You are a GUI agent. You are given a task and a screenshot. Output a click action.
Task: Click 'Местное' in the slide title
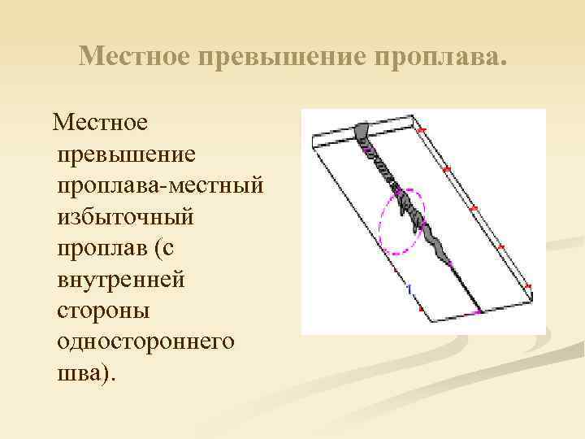[x=133, y=56]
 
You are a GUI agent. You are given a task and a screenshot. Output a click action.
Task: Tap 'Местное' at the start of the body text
[x=100, y=124]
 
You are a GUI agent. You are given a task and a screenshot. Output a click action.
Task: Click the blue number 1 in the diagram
[x=409, y=288]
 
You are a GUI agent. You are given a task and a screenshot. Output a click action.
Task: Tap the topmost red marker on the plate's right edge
[x=420, y=130]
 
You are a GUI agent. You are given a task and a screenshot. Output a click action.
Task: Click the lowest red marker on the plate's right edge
[x=529, y=287]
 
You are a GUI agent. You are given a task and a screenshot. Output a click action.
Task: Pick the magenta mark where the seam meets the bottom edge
[x=477, y=311]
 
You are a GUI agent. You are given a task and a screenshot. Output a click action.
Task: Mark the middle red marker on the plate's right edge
[x=474, y=209]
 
